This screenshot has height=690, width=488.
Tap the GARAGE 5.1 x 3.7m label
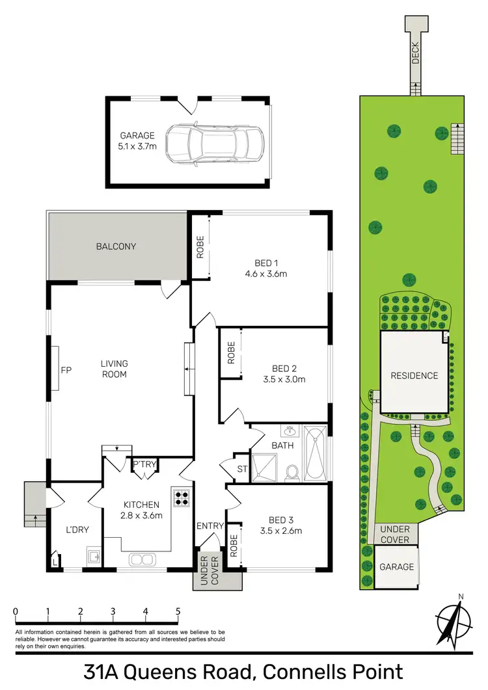coord(137,141)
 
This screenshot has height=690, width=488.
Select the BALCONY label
coord(116,246)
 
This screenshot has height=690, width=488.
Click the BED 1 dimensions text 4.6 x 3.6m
coord(267,274)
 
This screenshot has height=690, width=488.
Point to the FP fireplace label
coord(66,370)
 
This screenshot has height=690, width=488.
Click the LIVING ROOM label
coord(114,369)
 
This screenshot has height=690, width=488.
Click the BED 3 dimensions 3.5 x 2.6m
coord(282,530)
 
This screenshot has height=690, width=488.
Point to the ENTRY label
coord(210,525)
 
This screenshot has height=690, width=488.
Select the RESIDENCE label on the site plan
coord(414,375)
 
